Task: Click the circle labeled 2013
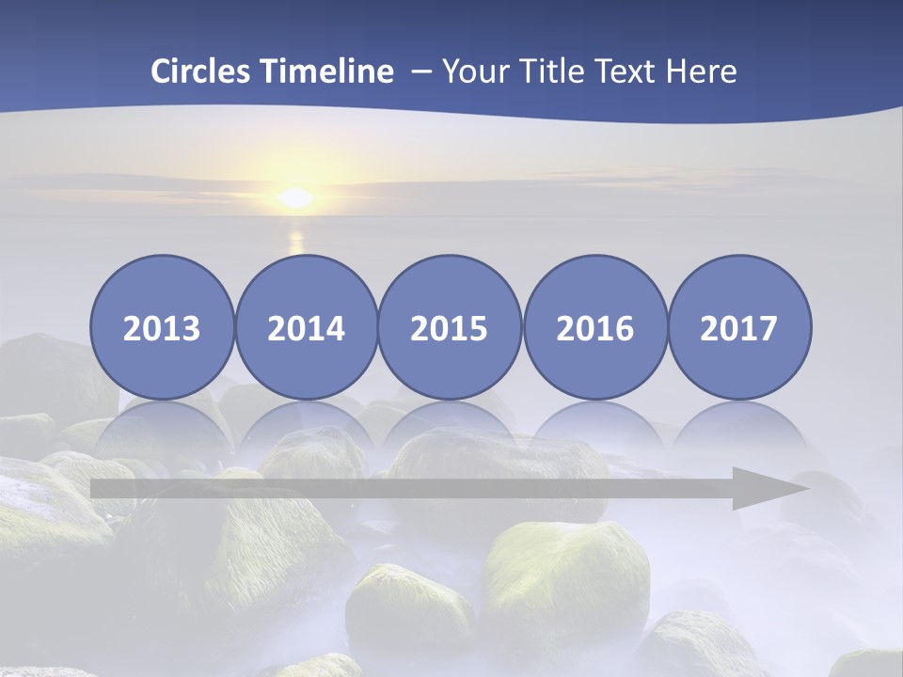(162, 327)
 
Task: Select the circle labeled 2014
(307, 327)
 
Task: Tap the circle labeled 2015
(450, 327)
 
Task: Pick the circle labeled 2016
(594, 327)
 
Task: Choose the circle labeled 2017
(739, 327)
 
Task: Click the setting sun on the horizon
(295, 197)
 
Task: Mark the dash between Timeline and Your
(420, 72)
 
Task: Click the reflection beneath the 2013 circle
(162, 428)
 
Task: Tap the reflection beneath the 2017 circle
(739, 428)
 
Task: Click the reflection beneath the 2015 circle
(450, 428)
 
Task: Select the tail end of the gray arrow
(98, 488)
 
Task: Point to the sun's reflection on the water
(296, 241)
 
